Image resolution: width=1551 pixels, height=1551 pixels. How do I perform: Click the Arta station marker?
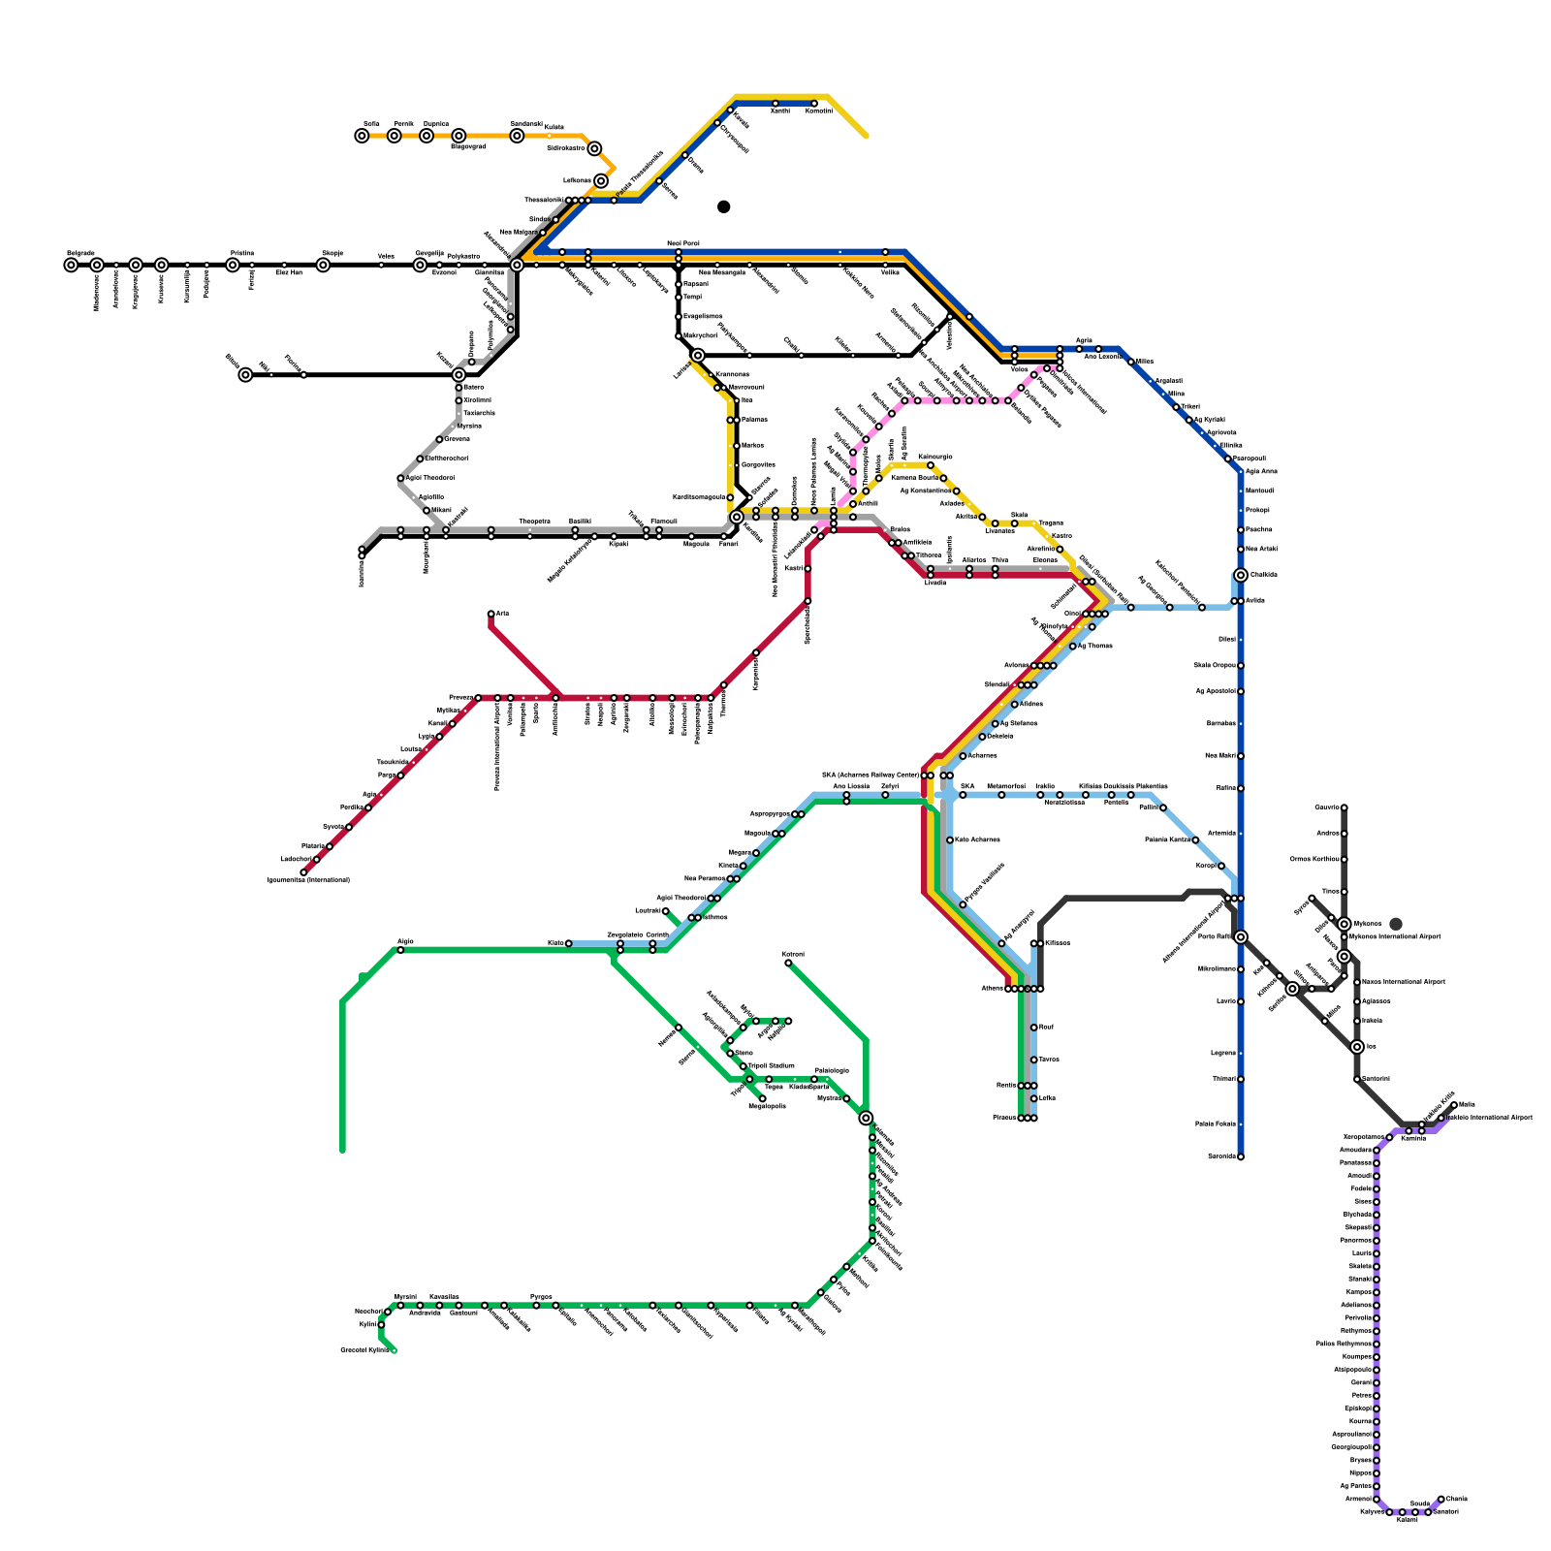click(x=491, y=614)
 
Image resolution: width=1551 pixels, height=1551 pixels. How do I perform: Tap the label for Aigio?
click(x=405, y=941)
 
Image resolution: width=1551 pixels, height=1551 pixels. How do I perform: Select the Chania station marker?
click(x=1440, y=1499)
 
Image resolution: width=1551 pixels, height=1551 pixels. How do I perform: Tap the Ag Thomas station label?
click(x=1094, y=646)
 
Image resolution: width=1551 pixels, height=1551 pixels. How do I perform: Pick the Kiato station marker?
click(x=568, y=943)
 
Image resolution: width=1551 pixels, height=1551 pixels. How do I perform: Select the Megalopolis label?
click(x=767, y=1106)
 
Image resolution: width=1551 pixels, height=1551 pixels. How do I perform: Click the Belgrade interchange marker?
click(x=71, y=265)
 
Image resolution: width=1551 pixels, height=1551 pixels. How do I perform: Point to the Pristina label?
click(x=242, y=253)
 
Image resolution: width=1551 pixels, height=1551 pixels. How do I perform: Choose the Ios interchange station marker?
click(x=1357, y=1047)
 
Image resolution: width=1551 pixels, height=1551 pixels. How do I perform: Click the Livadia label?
click(x=934, y=583)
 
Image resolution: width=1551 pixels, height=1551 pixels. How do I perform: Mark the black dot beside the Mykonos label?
click(x=1396, y=924)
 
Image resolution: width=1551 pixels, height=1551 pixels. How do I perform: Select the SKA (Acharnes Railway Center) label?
click(x=870, y=775)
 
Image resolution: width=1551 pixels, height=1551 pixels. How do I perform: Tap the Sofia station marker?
click(x=362, y=136)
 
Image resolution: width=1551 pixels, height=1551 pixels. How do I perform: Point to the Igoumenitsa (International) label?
click(x=308, y=880)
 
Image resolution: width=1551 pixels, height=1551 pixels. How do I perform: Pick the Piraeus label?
click(x=1004, y=1118)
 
